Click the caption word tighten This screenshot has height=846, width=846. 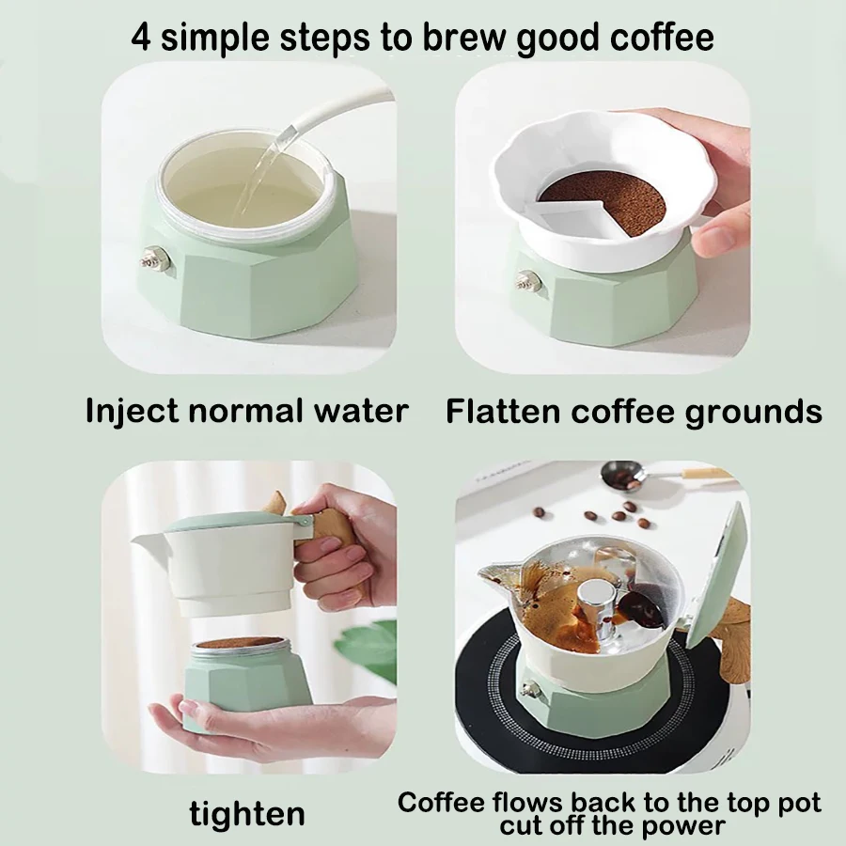pos(246,812)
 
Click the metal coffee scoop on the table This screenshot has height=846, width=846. pos(626,476)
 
